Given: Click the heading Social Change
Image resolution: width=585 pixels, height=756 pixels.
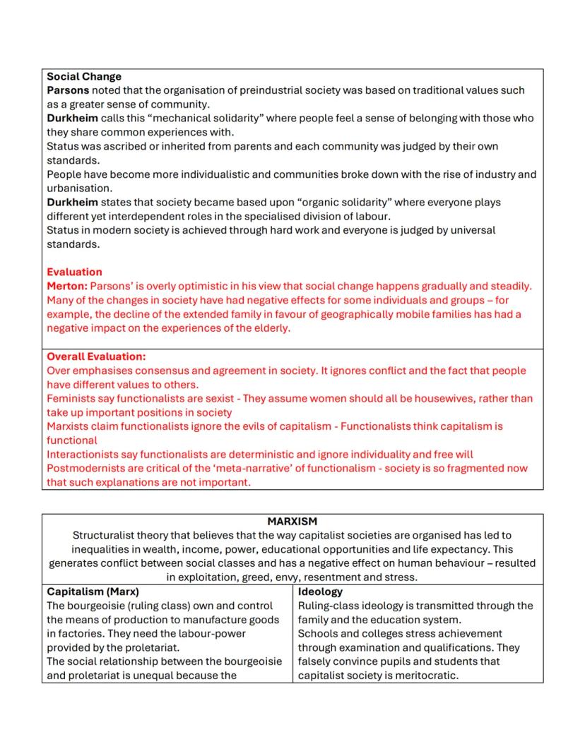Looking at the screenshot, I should point(84,76).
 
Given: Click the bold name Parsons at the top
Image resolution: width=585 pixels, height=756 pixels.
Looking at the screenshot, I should point(68,90).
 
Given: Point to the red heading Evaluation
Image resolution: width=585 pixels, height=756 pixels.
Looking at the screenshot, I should point(74,272).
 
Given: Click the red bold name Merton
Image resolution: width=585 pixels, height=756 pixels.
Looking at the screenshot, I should point(67,286).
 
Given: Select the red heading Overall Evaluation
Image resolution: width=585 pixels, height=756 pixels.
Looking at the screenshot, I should point(96,356).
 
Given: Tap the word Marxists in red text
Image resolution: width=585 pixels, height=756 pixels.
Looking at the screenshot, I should point(68,426).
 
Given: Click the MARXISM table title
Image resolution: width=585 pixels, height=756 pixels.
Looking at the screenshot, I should point(292,522).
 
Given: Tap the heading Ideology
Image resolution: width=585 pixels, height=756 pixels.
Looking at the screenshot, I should point(320,592).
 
